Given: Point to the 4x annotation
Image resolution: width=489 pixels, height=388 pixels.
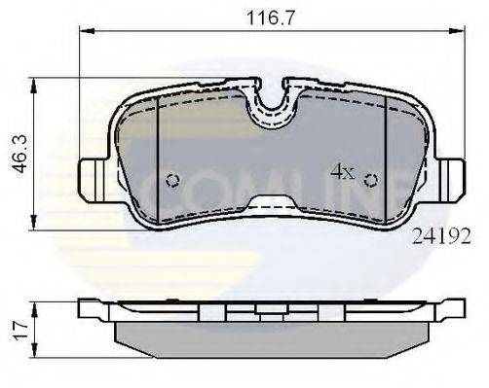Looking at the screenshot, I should pos(341,172).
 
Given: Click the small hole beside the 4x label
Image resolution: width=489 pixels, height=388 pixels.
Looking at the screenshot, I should pos(370,179).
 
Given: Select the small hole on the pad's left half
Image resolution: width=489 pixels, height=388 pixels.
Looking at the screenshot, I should pos(171,179).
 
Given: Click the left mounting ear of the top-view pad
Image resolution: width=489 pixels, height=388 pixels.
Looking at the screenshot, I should pos(91,180).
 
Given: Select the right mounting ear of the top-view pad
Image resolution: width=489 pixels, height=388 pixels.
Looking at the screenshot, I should pos(453,180).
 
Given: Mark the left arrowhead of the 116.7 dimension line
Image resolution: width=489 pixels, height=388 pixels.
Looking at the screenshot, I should pos(82,30).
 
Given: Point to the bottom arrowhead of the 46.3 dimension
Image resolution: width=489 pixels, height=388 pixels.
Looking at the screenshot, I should pos(36,219).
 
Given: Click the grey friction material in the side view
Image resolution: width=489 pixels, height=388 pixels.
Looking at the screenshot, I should pos(272,336).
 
